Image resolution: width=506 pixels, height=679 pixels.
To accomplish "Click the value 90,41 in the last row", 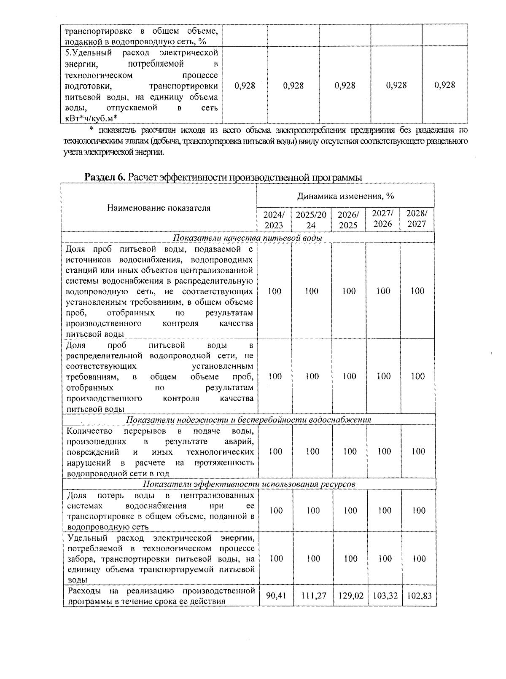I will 276,596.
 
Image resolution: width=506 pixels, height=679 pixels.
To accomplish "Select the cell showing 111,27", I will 313,596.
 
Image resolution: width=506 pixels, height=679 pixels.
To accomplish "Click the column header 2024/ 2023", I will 274,220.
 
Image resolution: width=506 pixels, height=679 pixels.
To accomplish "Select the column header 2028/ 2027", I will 416,218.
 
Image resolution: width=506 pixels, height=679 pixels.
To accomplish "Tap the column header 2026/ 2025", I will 348,220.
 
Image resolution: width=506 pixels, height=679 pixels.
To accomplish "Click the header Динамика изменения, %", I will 345,196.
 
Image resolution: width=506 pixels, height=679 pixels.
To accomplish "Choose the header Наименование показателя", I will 159,208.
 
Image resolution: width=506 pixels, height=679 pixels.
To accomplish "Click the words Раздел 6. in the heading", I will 105,177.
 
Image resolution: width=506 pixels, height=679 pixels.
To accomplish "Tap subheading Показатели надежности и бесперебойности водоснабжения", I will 249,420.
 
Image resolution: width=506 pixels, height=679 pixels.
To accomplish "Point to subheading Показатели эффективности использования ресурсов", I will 249,484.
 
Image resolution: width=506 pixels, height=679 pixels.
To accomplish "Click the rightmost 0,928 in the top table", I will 444,85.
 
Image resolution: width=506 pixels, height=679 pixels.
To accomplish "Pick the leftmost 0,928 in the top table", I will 245,86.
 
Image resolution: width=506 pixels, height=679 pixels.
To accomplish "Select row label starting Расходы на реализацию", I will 160,596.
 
